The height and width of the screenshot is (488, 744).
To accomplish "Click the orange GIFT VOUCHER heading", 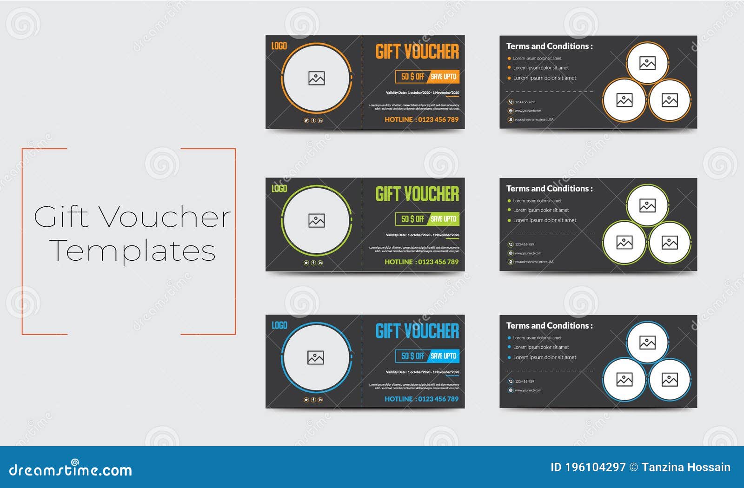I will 417,52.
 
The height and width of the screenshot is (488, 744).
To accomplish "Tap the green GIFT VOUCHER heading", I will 417,194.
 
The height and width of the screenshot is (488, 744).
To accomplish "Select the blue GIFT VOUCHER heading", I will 417,331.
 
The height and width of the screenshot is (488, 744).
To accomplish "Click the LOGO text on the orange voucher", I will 279,46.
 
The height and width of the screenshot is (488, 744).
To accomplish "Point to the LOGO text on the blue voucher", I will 279,325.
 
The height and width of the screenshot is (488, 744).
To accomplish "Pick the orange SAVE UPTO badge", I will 443,77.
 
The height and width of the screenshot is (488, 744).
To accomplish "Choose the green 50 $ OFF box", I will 412,219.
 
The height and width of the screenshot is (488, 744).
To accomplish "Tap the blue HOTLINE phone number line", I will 421,399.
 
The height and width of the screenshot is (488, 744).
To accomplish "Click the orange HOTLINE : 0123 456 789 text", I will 421,119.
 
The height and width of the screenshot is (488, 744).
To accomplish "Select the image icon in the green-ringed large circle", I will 316,221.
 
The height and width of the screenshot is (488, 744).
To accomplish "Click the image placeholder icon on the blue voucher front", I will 316,357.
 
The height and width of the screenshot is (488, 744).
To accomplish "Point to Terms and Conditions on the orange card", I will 549,46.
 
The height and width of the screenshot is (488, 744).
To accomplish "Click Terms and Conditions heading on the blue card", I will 549,326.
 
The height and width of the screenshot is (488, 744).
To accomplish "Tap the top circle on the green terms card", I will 647,205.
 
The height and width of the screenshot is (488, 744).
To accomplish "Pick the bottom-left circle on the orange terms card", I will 624,100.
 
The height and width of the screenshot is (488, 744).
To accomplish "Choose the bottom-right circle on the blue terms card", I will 670,380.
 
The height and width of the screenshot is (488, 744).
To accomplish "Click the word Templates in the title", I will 132,251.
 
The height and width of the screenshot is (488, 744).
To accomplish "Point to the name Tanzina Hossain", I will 686,467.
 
